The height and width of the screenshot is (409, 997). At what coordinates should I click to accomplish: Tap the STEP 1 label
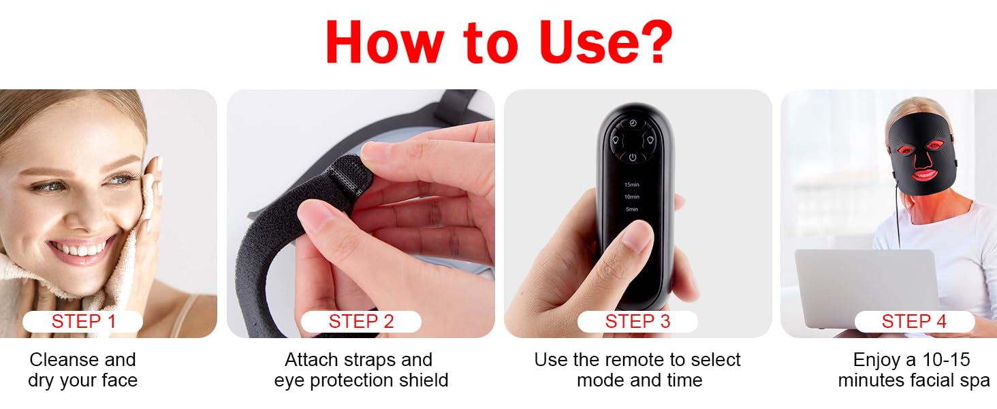tap(83, 321)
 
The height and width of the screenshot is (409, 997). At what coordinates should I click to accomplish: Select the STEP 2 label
tap(361, 321)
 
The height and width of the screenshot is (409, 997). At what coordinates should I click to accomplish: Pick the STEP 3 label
tap(637, 321)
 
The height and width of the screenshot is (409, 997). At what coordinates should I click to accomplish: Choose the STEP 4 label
tap(914, 321)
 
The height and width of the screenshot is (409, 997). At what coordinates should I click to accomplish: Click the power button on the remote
tap(633, 157)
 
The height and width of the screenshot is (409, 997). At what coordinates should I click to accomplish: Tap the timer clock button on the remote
tap(633, 123)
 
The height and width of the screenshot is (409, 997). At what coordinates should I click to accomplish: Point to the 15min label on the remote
tap(631, 185)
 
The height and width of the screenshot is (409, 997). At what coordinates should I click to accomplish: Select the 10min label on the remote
tap(631, 196)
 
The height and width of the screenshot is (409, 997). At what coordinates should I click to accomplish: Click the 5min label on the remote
tap(632, 209)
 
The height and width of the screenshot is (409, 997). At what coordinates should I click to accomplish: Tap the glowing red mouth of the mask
tap(924, 175)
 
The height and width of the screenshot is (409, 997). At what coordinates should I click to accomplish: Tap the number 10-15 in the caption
tap(946, 359)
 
